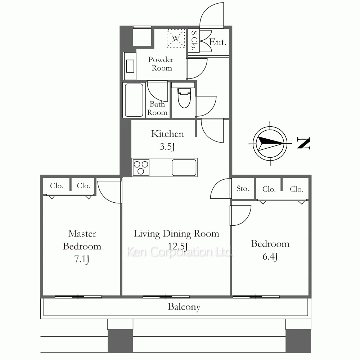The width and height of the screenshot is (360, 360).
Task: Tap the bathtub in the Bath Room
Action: point(134,100)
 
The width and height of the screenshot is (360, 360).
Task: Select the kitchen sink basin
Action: point(184,168)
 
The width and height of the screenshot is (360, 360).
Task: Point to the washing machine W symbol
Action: point(176,39)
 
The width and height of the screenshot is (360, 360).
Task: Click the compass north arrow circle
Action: point(270,143)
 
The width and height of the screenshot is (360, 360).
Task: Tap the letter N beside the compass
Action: point(303,143)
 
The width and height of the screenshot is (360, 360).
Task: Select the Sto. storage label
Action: point(242,189)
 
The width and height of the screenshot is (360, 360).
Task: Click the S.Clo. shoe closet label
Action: point(194,40)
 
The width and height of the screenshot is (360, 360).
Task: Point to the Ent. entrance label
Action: point(218,42)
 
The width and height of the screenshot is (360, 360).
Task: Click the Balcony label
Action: point(184,307)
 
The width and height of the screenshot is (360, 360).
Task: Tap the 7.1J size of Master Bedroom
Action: point(82,260)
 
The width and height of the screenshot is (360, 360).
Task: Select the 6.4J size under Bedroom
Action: point(270,257)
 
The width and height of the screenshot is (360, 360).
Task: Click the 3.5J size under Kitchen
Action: point(167,147)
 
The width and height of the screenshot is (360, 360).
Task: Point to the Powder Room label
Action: point(161,64)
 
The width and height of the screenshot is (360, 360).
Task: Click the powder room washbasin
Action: point(130,66)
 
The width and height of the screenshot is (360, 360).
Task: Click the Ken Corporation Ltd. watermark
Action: point(179,252)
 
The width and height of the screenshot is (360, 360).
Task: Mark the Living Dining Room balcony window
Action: point(166,297)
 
